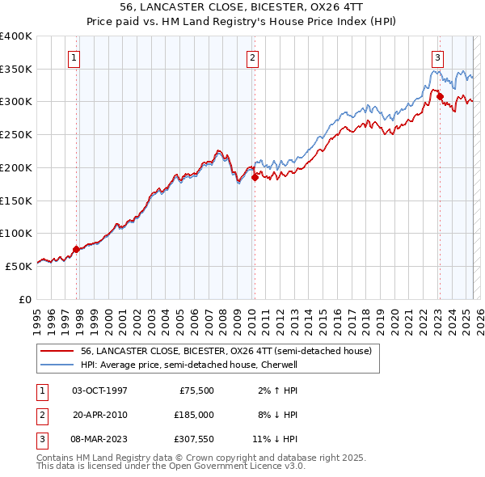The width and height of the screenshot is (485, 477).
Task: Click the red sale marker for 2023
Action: tap(441, 97)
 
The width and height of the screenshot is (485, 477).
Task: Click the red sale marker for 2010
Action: tap(255, 177)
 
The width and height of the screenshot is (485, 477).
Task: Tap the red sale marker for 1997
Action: tap(77, 249)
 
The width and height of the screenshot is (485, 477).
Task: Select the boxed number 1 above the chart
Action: tap(74, 57)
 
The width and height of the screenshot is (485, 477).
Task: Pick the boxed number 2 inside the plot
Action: tap(252, 57)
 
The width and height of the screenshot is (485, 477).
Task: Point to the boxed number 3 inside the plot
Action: tap(437, 57)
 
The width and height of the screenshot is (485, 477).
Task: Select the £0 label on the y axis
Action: tap(26, 298)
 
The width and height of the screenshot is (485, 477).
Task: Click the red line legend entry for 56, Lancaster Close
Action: tap(226, 352)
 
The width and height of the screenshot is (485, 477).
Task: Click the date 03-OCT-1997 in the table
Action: tap(99, 391)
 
